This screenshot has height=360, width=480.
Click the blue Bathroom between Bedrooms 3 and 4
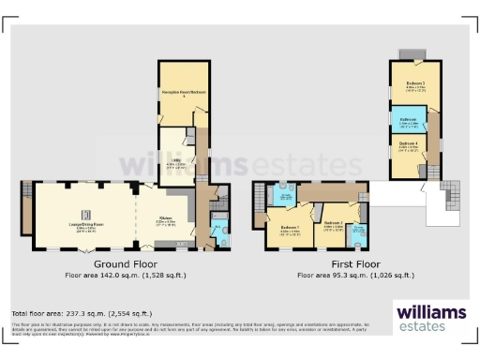(x=408, y=122)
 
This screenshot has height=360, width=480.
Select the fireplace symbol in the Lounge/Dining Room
(x=84, y=211)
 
